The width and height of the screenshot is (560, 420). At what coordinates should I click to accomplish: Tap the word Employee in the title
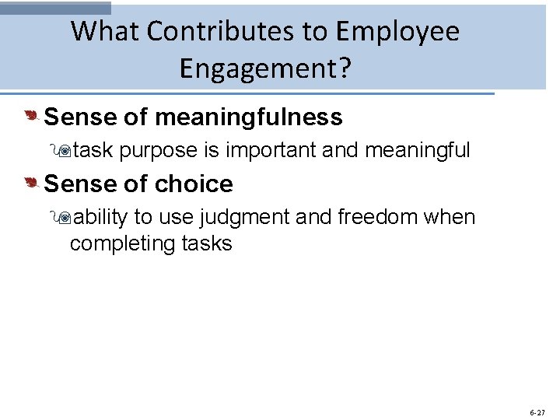[x=397, y=31]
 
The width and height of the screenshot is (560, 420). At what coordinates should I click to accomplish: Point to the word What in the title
[x=105, y=31]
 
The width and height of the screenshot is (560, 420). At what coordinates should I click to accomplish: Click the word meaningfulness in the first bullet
[x=248, y=117]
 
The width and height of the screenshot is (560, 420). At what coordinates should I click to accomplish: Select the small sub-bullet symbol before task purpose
[x=65, y=151]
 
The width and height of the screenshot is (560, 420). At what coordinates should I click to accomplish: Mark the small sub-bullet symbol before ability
[x=65, y=217]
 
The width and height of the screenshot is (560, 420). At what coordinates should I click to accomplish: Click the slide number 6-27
[x=537, y=412]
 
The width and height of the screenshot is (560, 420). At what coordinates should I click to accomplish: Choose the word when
[x=450, y=216]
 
